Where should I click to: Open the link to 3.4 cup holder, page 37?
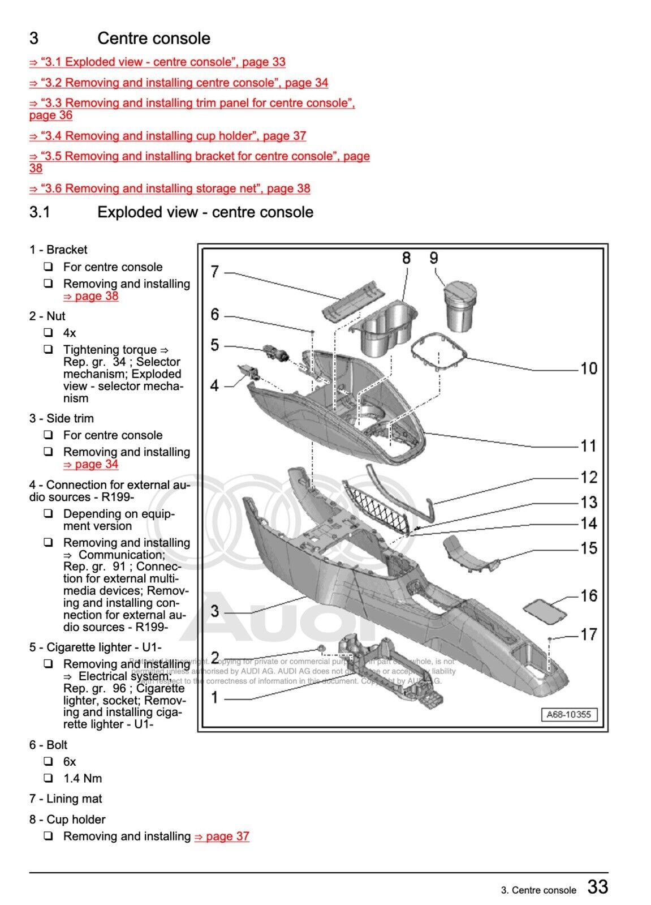[168, 136]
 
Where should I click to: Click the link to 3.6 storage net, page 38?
[170, 188]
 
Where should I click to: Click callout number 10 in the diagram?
[588, 368]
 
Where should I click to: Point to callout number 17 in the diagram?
[588, 634]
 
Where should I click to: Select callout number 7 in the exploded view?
[215, 272]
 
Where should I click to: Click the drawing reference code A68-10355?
[568, 714]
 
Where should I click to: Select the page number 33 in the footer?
[597, 886]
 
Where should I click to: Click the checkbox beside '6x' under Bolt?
[49, 761]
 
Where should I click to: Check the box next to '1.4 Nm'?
[49, 778]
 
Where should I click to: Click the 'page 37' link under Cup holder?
[222, 836]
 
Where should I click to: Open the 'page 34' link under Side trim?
[90, 464]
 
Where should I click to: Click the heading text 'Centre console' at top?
[153, 38]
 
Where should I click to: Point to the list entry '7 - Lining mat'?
[66, 799]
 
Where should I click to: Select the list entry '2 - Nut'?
[47, 316]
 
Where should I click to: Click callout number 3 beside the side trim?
[215, 611]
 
